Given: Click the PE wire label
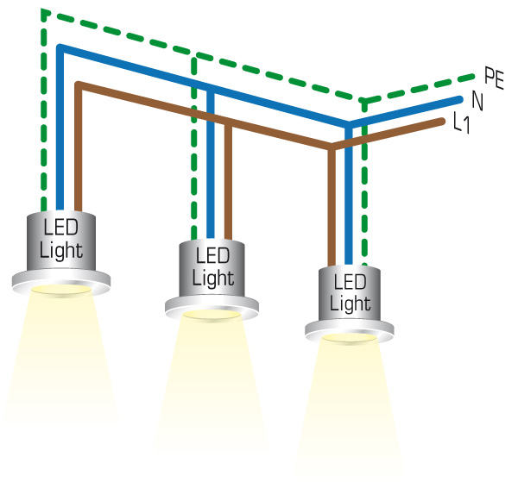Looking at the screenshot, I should click(x=494, y=78).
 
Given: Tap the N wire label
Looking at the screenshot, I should click(x=477, y=100).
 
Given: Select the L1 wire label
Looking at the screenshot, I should click(x=463, y=123).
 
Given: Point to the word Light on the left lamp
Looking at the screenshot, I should click(x=61, y=251).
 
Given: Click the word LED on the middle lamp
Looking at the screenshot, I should click(x=212, y=257).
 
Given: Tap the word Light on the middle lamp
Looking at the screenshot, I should click(x=212, y=278).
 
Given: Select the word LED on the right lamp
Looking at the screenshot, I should click(x=350, y=283).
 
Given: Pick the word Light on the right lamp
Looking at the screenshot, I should click(x=350, y=304).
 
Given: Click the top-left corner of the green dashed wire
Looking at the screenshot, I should click(x=43, y=13).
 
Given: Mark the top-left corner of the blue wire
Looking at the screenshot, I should click(x=60, y=47).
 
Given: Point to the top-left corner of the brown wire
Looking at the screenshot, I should click(x=78, y=85).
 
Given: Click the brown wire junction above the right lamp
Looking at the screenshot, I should click(x=332, y=149).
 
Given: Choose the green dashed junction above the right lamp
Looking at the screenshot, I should click(x=363, y=100).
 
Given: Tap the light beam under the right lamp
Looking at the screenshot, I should click(x=350, y=405).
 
